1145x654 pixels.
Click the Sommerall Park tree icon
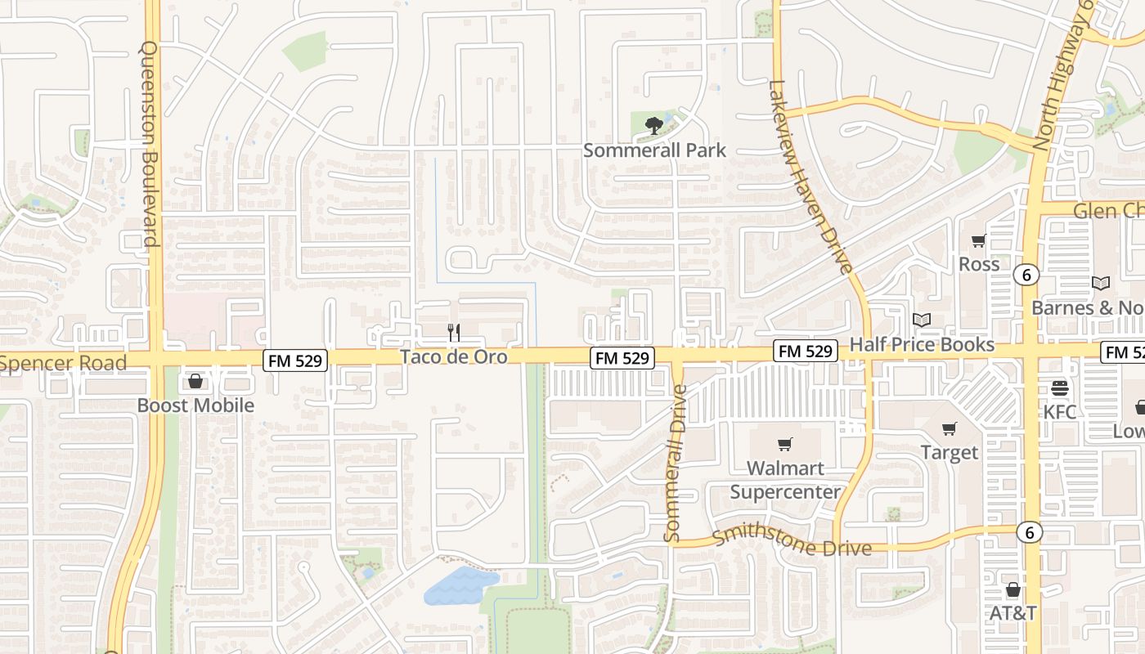(x=653, y=125)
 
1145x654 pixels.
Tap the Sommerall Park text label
(x=654, y=150)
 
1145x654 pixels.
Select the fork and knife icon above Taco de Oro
(x=454, y=332)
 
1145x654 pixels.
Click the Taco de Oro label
(x=453, y=357)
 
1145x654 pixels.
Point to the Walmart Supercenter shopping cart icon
(x=785, y=444)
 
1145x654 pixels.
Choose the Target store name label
(x=949, y=452)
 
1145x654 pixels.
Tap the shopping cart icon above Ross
(x=978, y=240)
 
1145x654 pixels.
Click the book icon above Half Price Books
(x=922, y=320)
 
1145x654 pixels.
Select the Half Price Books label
(x=922, y=344)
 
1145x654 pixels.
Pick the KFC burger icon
(x=1060, y=387)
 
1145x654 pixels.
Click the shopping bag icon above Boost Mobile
(x=195, y=381)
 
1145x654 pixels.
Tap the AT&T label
(x=1013, y=613)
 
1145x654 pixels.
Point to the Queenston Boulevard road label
(x=149, y=144)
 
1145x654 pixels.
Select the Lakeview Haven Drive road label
(x=811, y=176)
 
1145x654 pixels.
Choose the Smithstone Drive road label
(x=792, y=542)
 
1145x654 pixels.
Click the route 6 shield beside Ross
(x=1026, y=275)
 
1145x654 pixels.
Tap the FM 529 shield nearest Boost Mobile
(x=295, y=360)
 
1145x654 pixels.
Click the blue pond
(x=460, y=585)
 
